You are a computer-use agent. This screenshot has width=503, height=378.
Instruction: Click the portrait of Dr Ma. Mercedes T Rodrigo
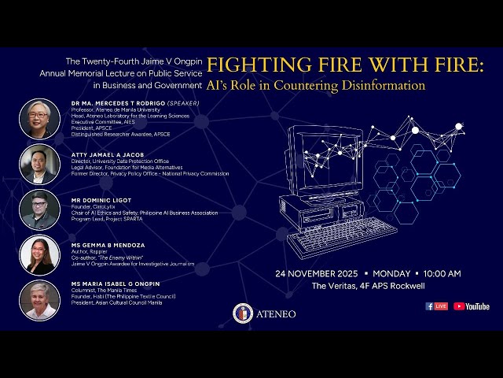(x=39, y=119)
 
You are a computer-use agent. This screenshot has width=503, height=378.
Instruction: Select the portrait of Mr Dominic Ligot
(x=39, y=209)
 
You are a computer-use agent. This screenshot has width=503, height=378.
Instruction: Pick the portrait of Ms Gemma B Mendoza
(x=39, y=255)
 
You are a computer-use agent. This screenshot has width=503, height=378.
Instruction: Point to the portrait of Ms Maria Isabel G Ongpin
(x=39, y=300)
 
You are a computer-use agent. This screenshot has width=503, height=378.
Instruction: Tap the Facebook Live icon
(x=436, y=306)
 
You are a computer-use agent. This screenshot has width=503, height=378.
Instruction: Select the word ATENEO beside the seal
(x=275, y=313)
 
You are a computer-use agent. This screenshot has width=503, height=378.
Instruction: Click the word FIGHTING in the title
(x=251, y=65)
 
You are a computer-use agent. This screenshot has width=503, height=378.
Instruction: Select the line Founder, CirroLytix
(x=94, y=206)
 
